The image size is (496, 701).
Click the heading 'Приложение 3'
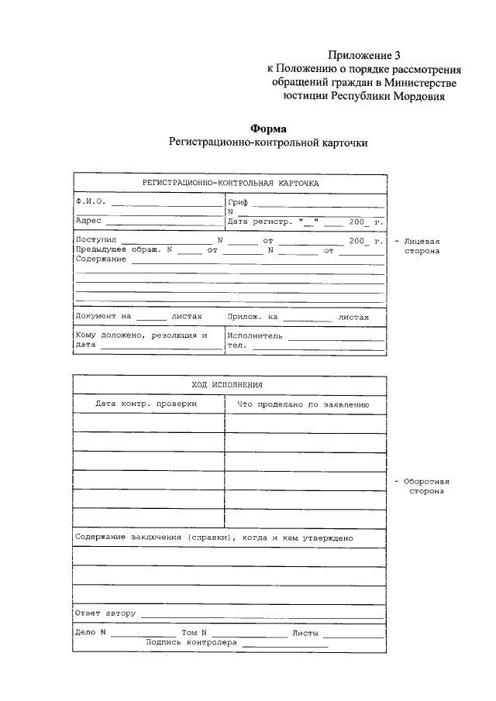tap(364, 55)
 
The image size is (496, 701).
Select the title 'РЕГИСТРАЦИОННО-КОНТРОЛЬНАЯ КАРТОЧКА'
tap(229, 183)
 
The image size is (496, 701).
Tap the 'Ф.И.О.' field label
tap(90, 201)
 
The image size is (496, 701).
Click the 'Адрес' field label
tap(88, 221)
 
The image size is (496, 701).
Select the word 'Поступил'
tap(95, 241)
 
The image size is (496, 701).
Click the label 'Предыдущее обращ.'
tap(117, 250)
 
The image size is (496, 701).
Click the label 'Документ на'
tap(104, 317)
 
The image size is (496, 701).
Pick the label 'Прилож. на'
tap(253, 317)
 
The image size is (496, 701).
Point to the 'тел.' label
tap(236, 346)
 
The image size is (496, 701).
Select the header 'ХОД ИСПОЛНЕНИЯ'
tap(229, 385)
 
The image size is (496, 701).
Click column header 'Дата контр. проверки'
tap(146, 404)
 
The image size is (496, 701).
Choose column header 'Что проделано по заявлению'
tap(302, 404)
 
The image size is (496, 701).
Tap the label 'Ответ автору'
tap(105, 613)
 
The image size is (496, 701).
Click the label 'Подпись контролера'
tap(191, 642)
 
